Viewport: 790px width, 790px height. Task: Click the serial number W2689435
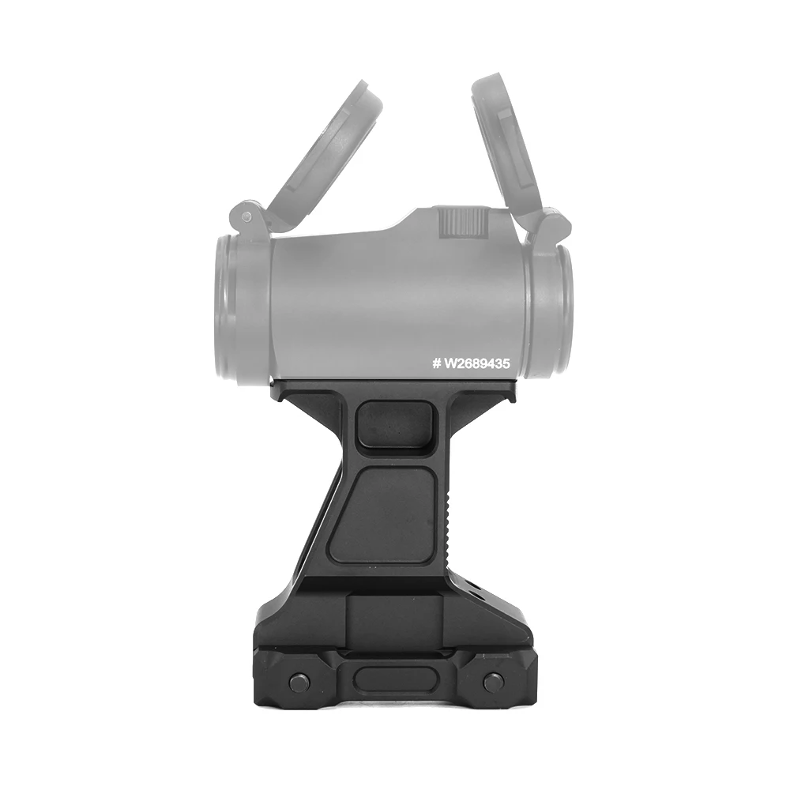pos(476,363)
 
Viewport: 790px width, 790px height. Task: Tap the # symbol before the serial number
pos(436,363)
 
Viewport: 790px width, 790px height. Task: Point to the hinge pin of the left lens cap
pos(246,216)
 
